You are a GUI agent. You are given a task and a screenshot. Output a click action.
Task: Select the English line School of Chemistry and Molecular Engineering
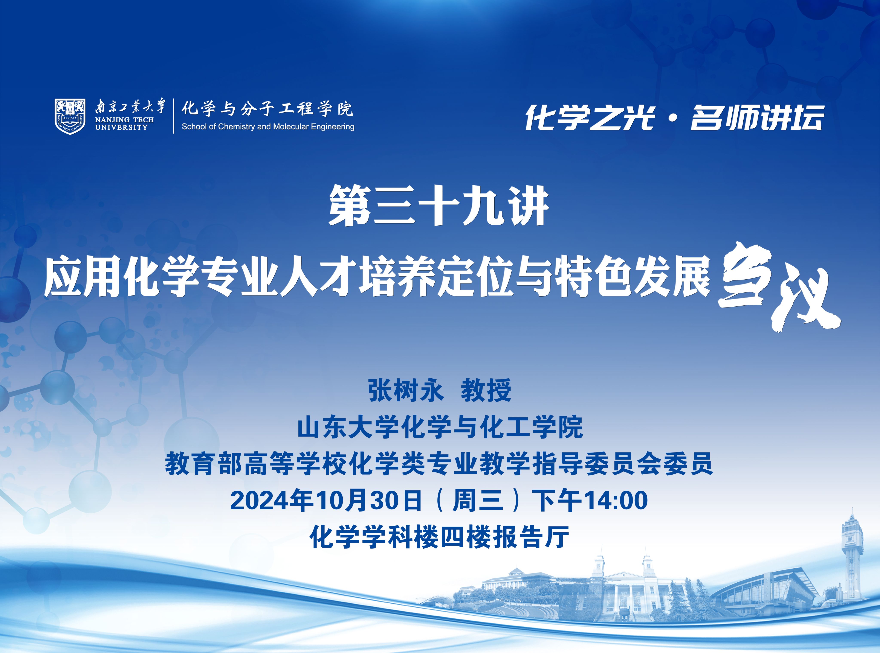click(x=268, y=126)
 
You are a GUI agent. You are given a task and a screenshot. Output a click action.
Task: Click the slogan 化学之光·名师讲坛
click(x=674, y=117)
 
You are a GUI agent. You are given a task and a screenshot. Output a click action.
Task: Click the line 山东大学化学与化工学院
click(x=440, y=427)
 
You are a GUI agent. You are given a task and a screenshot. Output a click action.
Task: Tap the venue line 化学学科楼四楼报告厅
click(x=439, y=537)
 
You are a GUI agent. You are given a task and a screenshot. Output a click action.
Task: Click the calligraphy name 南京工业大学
click(x=130, y=106)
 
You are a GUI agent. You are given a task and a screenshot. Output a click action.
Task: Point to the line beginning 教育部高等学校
click(x=439, y=464)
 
